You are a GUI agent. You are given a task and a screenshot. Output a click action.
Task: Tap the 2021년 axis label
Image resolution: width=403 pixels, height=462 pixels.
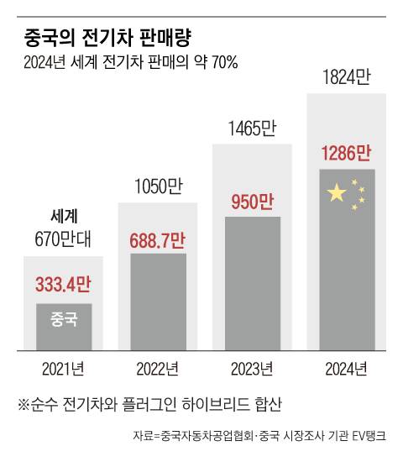63,368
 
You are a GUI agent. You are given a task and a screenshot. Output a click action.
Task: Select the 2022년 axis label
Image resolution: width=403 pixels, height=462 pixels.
158,368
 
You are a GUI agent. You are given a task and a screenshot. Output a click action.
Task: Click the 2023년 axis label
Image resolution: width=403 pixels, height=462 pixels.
252,368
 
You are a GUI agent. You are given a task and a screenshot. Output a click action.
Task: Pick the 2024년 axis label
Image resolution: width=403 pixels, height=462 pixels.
346,368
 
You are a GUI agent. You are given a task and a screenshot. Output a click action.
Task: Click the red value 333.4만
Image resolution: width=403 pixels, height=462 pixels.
63,285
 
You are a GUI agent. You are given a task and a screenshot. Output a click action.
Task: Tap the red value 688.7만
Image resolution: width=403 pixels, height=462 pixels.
158,239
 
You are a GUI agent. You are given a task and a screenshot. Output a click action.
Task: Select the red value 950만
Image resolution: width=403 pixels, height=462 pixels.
252,202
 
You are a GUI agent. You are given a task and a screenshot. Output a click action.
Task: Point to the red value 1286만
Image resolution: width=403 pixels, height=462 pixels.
346,154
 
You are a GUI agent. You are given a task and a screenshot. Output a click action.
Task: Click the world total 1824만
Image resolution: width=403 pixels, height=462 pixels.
346,81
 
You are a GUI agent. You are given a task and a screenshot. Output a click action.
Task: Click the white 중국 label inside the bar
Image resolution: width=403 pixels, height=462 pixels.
64,319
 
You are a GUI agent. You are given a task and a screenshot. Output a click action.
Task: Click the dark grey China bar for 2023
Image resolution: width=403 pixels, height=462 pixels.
252,286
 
